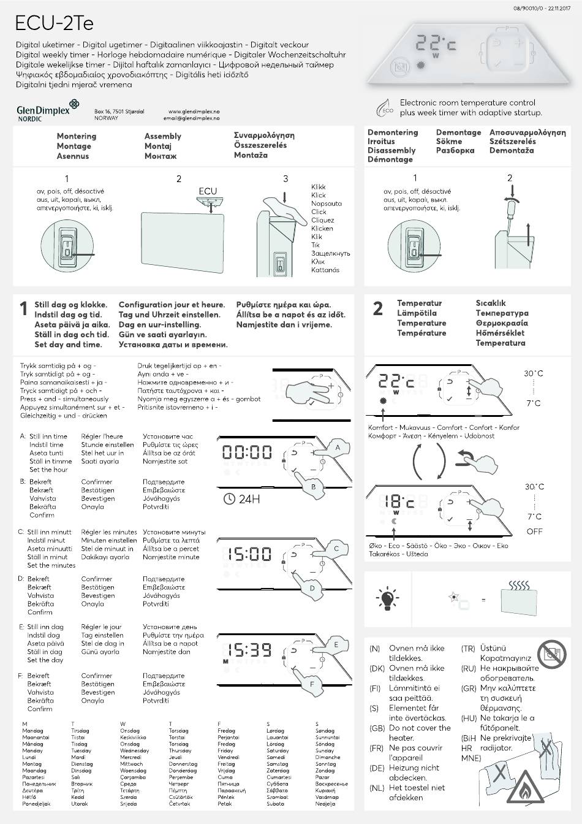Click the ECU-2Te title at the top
click(55, 23)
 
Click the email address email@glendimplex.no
click(194, 118)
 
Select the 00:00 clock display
click(247, 452)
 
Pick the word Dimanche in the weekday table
click(327, 757)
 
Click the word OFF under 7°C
click(534, 532)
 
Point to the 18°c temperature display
click(399, 502)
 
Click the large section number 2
click(378, 309)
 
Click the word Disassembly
click(391, 150)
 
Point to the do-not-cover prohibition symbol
click(551, 654)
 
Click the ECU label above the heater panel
click(208, 191)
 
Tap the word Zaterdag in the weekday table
click(278, 771)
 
